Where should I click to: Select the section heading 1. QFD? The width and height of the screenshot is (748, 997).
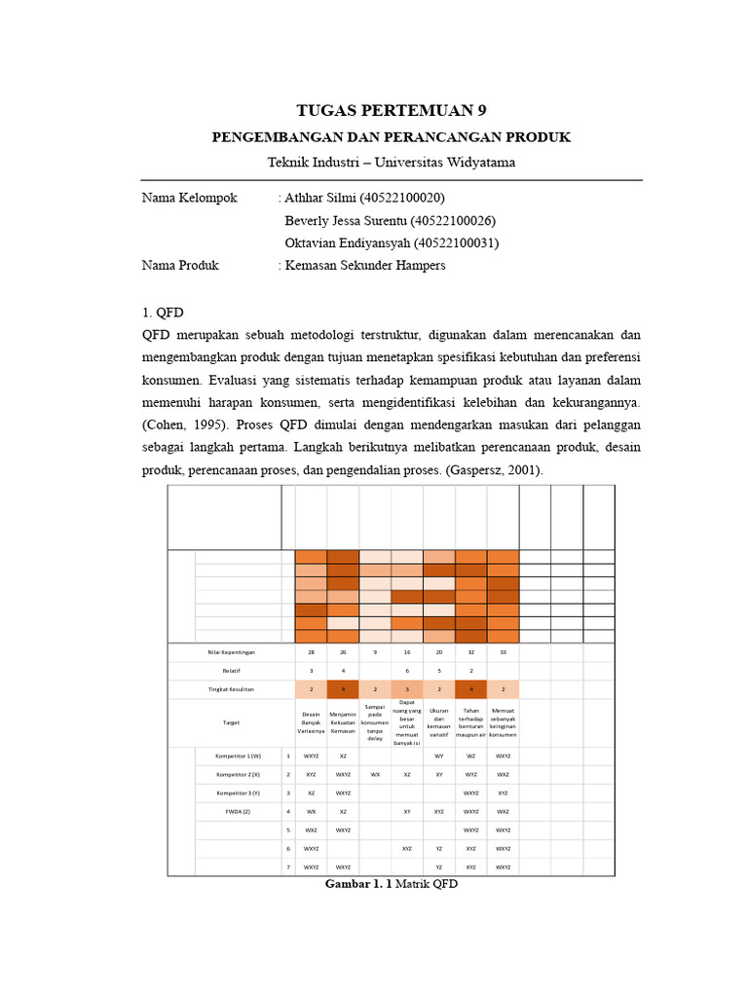(x=163, y=313)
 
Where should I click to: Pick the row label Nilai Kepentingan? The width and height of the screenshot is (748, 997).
(x=231, y=652)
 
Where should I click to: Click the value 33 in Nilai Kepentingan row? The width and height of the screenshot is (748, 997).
(x=503, y=652)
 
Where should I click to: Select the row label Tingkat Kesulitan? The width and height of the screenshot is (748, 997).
(x=231, y=689)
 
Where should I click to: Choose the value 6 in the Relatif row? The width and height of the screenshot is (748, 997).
(x=407, y=671)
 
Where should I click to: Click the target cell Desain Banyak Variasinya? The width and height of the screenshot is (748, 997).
(x=311, y=723)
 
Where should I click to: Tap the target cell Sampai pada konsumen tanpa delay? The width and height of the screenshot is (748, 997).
(x=375, y=722)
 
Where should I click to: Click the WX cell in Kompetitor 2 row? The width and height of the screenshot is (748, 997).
(x=375, y=773)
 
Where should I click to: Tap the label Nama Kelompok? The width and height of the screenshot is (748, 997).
(x=189, y=198)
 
